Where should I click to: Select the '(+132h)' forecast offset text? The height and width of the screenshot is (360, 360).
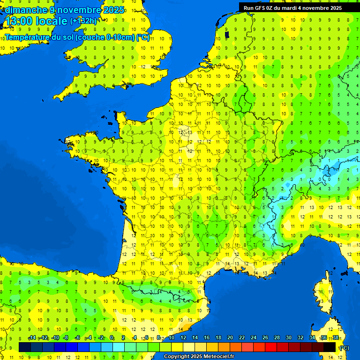pyautogui.click(x=83, y=21)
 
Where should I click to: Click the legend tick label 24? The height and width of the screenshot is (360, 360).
pyautogui.click(x=254, y=337)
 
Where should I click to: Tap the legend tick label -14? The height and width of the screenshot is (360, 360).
pyautogui.click(x=32, y=337)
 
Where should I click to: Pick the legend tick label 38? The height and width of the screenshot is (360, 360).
pyautogui.click(x=336, y=337)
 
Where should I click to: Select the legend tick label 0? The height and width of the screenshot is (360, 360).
pyautogui.click(x=112, y=337)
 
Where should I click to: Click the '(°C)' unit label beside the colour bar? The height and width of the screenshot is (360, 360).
pyautogui.click(x=344, y=347)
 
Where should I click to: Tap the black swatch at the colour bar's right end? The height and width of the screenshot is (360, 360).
pyautogui.click(x=330, y=347)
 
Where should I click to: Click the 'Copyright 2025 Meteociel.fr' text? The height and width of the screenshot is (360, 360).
pyautogui.click(x=199, y=356)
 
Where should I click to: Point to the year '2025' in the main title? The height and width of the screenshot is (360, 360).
pyautogui.click(x=114, y=10)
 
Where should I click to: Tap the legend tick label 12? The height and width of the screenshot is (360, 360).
pyautogui.click(x=183, y=337)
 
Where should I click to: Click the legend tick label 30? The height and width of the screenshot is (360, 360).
pyautogui.click(x=289, y=337)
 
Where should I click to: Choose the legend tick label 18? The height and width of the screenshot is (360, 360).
pyautogui.click(x=218, y=337)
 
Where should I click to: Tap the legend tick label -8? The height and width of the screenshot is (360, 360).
pyautogui.click(x=66, y=337)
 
